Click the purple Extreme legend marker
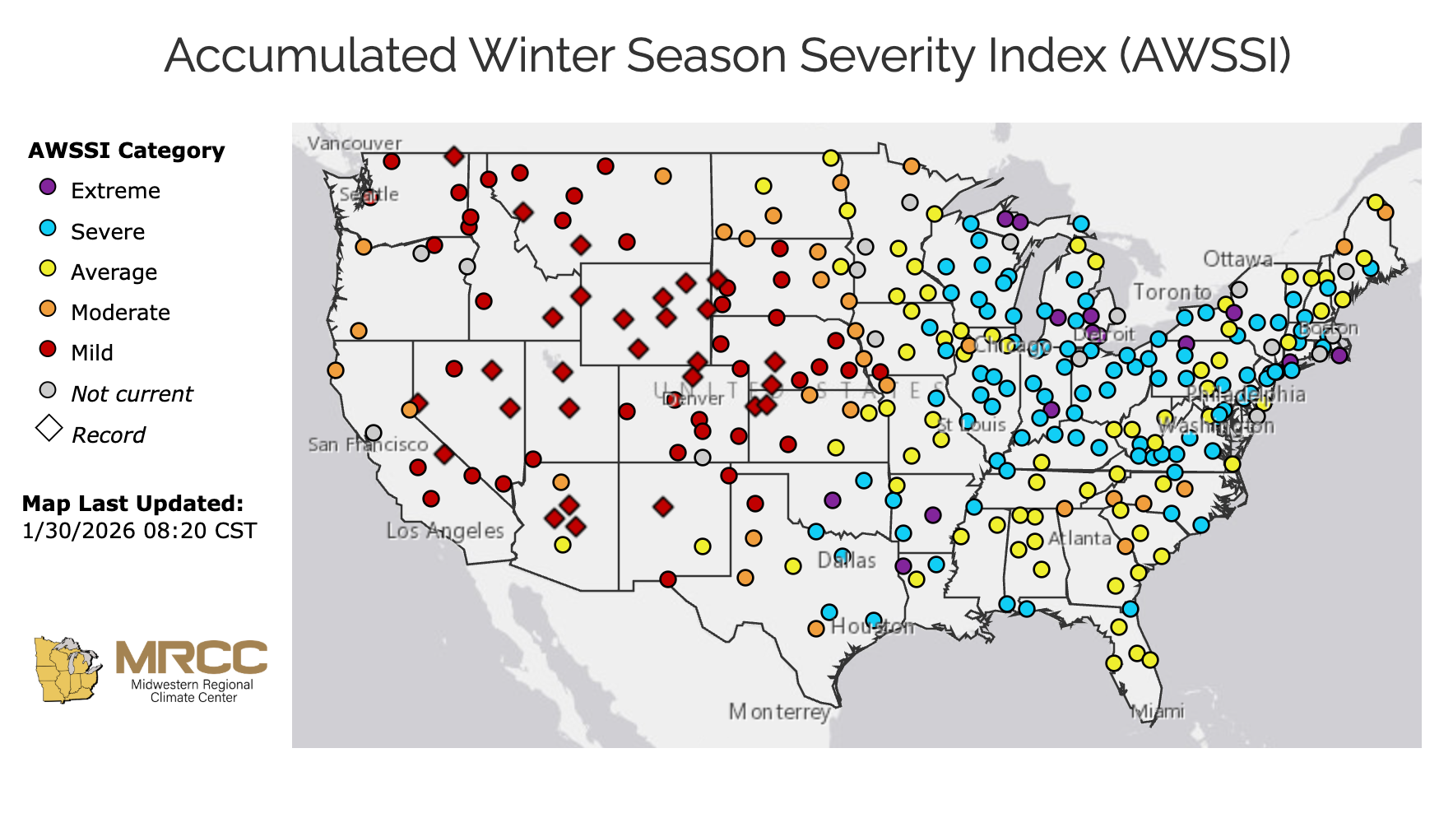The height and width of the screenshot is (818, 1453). click(49, 188)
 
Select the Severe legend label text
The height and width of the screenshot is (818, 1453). click(107, 232)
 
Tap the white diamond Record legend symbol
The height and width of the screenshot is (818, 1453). click(49, 429)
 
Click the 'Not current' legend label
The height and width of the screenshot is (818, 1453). click(132, 394)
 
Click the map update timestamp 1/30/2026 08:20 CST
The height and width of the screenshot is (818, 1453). click(140, 531)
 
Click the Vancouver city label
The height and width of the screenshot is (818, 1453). click(355, 143)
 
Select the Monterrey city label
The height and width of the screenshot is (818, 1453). click(778, 711)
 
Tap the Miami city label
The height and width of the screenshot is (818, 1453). click(1158, 711)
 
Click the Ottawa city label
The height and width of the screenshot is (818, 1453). click(1237, 259)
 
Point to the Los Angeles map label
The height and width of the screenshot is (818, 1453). click(445, 531)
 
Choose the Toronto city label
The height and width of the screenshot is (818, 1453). click(1172, 292)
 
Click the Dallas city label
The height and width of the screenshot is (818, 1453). click(847, 560)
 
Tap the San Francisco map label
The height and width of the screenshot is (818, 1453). click(368, 445)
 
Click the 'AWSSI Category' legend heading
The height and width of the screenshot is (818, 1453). click(126, 151)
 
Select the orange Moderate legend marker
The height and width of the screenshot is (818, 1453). click(49, 309)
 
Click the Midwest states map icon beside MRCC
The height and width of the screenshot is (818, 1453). click(67, 669)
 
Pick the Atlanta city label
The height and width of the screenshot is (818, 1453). click(1079, 538)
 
